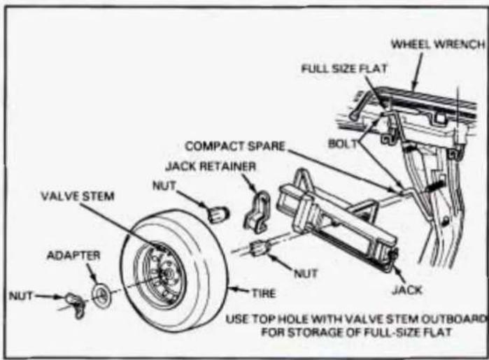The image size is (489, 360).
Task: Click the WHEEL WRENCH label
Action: (438, 45)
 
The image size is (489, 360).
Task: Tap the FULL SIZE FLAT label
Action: (344, 69)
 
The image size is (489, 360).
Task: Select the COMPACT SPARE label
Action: (235, 146)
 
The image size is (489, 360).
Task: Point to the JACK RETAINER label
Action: (211, 166)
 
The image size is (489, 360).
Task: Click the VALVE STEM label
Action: (78, 196)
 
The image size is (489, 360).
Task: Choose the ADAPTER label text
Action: (73, 255)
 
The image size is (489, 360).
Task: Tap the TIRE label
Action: (264, 294)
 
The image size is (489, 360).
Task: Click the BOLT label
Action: (342, 144)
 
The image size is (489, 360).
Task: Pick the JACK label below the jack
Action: (407, 290)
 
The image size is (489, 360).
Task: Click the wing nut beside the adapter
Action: (76, 304)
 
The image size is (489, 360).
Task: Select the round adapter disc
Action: (101, 295)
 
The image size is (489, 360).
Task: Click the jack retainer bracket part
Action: (257, 212)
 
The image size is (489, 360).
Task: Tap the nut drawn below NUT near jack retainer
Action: (218, 214)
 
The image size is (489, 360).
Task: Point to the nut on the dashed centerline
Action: (259, 248)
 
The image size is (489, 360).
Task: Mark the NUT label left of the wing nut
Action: (21, 296)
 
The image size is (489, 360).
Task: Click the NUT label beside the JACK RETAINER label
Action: (164, 186)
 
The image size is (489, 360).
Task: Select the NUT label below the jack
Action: (306, 273)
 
